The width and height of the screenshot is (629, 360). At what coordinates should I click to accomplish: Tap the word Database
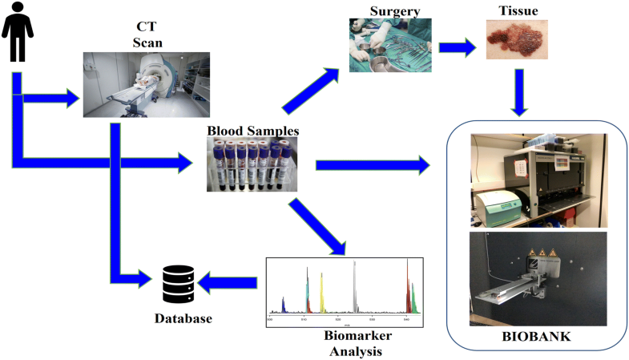pyautogui.click(x=183, y=319)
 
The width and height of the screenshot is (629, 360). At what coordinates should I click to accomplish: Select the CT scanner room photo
pyautogui.click(x=147, y=85)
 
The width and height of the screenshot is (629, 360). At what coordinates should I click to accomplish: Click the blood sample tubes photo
pyautogui.click(x=252, y=164)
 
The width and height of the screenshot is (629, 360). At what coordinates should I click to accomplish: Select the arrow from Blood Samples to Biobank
pyautogui.click(x=373, y=166)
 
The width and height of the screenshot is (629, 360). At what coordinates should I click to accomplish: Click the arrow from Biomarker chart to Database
pyautogui.click(x=228, y=281)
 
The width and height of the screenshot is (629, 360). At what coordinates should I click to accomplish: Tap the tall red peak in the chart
pyautogui.click(x=408, y=285)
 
